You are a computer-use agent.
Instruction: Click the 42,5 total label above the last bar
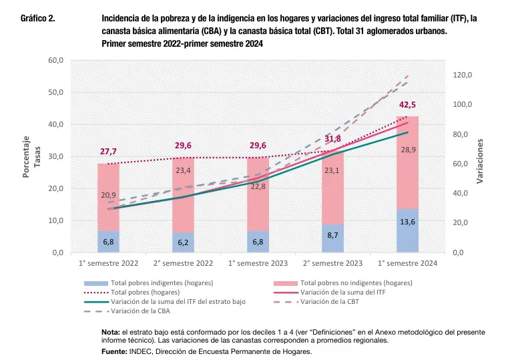[x=407, y=105]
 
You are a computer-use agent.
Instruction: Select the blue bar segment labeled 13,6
[x=407, y=231]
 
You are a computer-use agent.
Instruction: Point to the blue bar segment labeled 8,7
[x=332, y=238]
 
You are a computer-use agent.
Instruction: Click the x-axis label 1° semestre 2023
[x=258, y=264]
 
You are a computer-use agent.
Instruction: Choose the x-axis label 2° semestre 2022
[x=183, y=264]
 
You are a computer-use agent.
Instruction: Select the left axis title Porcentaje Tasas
[x=32, y=156]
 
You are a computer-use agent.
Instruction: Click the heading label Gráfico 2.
[x=38, y=19]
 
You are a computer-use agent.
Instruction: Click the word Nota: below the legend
[x=110, y=332]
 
